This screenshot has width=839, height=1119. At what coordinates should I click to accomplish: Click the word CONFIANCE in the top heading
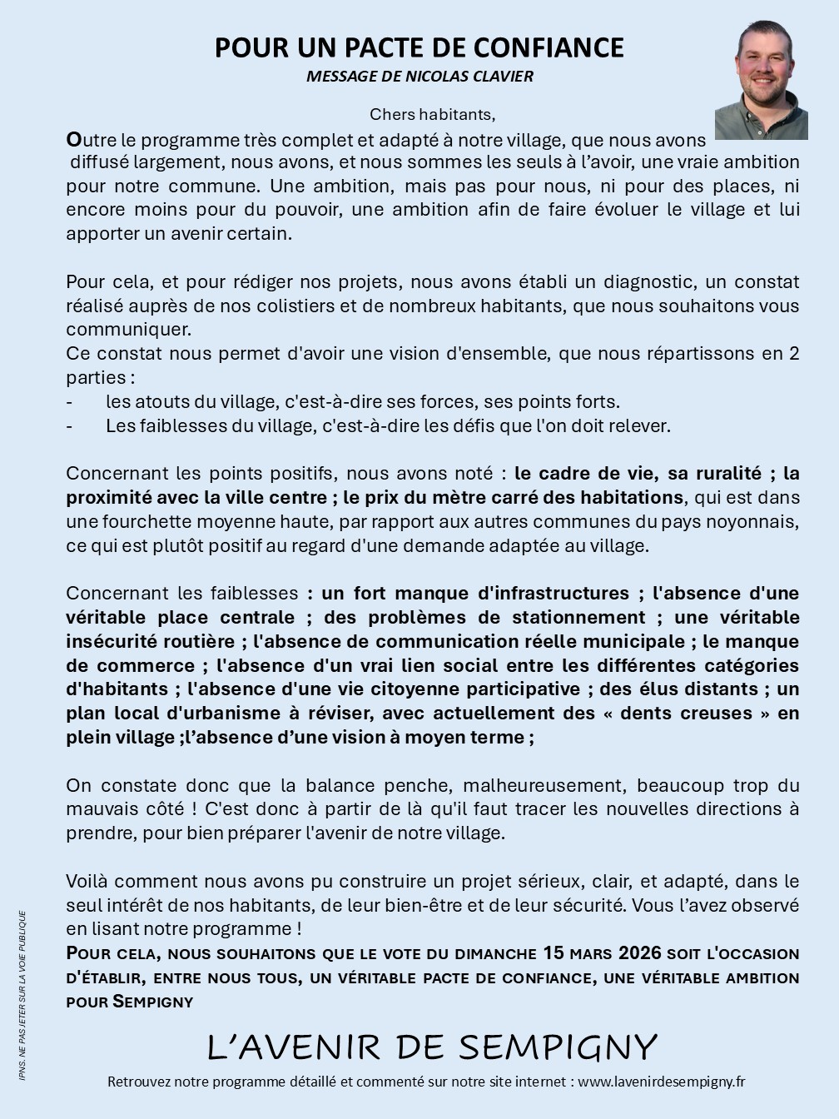pyautogui.click(x=556, y=47)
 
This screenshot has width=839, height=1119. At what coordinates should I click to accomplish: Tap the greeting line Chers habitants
pyautogui.click(x=432, y=113)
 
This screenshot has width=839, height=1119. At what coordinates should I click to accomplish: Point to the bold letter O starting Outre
pyautogui.click(x=73, y=138)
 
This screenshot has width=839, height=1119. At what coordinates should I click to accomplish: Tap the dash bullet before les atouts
pyautogui.click(x=69, y=401)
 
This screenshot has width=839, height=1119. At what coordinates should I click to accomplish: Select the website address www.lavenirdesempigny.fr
pyautogui.click(x=661, y=1082)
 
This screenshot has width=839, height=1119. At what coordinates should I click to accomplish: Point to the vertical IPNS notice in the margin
pyautogui.click(x=22, y=995)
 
